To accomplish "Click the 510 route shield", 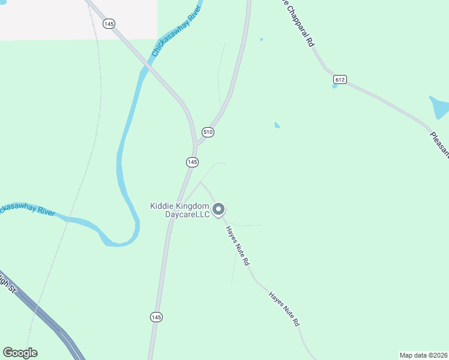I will coord(208,132).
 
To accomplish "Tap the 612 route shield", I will coord(340,79).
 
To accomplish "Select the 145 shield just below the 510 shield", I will coord(192,162).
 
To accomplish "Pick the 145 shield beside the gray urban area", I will coord(109,23).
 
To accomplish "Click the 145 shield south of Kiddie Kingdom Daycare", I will coord(155,317).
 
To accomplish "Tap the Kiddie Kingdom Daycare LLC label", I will coord(179,210).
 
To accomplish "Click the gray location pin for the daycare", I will coord(219,209).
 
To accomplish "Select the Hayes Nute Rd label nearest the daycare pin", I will coord(238,246).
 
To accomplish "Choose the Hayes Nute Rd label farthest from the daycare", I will coord(285,309).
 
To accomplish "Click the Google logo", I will coord(20,353).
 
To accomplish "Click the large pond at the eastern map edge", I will coord(439,107).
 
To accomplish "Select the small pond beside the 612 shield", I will coord(334,86).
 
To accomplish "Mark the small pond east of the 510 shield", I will coord(277,125).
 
